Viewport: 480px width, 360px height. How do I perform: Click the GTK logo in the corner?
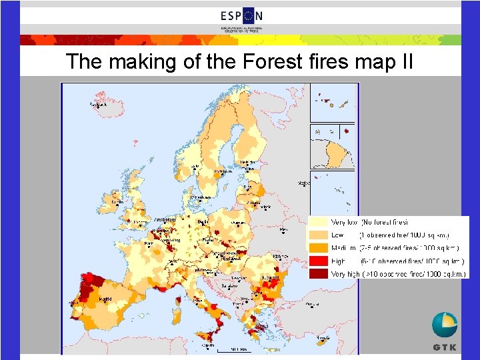[x=445, y=332]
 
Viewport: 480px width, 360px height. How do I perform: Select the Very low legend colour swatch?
[x=319, y=222]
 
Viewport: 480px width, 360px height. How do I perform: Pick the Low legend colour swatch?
[x=319, y=235]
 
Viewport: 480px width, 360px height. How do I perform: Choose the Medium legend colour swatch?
[x=319, y=248]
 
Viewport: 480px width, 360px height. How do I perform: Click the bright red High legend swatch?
[x=319, y=261]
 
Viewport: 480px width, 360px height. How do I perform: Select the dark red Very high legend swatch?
[x=319, y=274]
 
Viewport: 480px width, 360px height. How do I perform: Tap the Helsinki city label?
[x=248, y=162]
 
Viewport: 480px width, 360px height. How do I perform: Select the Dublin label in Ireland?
[x=118, y=201]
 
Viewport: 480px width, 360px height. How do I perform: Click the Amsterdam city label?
[x=164, y=219]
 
